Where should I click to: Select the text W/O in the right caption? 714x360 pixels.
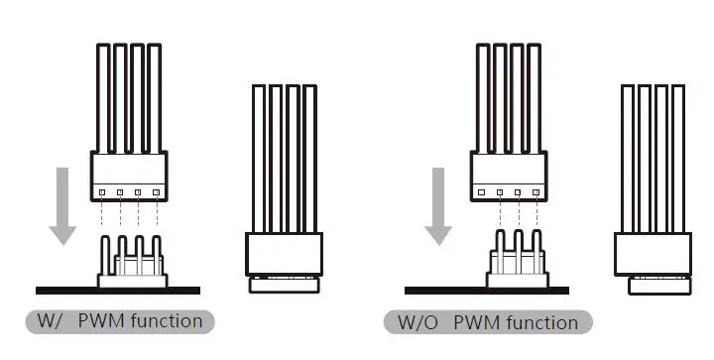click(416, 322)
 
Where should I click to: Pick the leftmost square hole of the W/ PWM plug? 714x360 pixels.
click(100, 191)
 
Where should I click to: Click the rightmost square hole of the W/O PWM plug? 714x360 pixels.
click(535, 191)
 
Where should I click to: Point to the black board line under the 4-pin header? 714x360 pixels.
click(118, 291)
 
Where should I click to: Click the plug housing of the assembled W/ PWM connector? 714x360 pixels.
click(285, 253)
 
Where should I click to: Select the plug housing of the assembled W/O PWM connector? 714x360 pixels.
click(653, 253)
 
